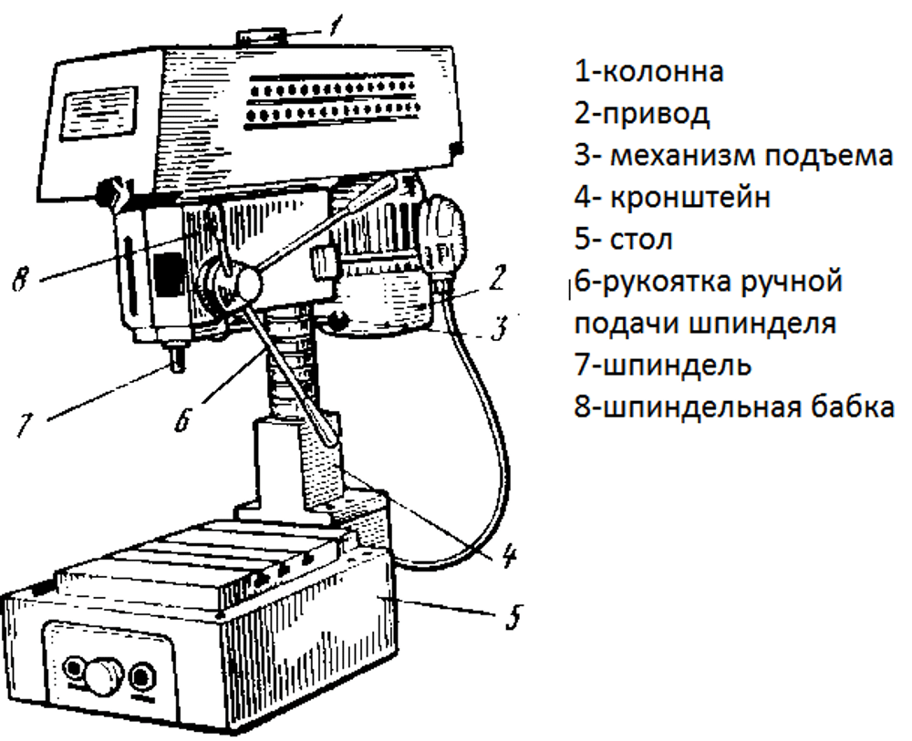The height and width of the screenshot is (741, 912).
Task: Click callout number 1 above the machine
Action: click(x=336, y=25)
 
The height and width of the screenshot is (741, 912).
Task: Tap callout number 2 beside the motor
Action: click(x=497, y=278)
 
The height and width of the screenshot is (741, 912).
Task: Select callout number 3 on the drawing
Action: click(x=499, y=328)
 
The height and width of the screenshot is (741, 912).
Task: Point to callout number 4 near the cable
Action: click(x=508, y=556)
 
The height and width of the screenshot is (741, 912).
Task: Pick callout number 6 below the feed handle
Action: click(x=182, y=418)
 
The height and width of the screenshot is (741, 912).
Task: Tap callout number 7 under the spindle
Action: click(x=24, y=424)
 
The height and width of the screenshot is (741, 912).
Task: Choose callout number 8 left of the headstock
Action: click(x=20, y=280)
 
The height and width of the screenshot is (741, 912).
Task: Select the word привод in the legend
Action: click(x=656, y=115)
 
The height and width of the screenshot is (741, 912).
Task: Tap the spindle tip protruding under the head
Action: click(x=177, y=358)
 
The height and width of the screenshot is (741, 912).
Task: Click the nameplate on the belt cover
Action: click(x=99, y=113)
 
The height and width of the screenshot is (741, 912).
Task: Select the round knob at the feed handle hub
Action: click(x=244, y=284)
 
